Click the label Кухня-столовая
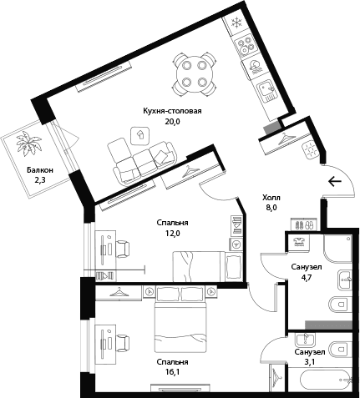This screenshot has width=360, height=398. [172, 111]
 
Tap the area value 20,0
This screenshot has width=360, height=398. [173, 122]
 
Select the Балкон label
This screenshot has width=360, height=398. [40, 169]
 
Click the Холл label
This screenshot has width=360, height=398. [271, 198]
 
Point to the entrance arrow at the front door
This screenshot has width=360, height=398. [335, 182]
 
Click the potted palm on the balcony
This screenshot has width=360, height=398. [28, 144]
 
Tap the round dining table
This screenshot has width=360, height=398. [194, 73]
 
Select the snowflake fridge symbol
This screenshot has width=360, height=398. [237, 23]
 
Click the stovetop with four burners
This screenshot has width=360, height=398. [246, 46]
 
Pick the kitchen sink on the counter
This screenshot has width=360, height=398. [267, 91]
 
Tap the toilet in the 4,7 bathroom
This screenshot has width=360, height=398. [339, 304]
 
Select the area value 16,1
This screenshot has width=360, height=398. [172, 372]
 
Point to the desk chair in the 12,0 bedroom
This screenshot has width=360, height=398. [123, 249]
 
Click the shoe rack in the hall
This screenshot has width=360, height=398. [303, 224]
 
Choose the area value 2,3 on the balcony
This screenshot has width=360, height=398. [40, 180]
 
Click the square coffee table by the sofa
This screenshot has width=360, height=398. [141, 136]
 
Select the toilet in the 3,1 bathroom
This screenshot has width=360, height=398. [339, 349]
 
